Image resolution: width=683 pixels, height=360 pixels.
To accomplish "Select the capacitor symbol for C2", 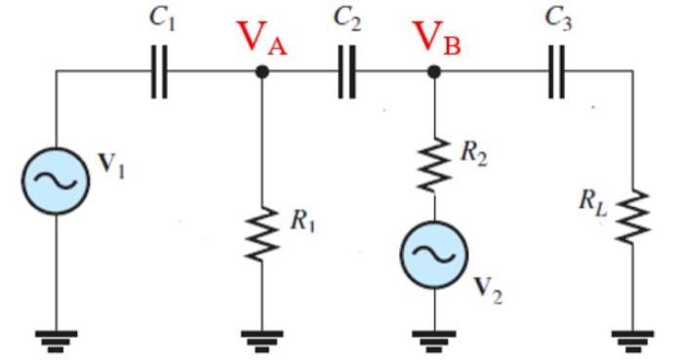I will [346, 71].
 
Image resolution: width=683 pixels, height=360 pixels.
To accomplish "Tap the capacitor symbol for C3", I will [557, 71].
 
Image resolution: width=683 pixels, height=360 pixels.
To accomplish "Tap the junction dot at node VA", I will [261, 71].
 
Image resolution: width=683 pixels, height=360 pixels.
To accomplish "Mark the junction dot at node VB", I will [434, 71].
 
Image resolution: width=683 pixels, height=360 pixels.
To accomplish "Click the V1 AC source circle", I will [56, 180].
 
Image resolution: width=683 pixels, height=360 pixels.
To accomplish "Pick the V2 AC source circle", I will [434, 256].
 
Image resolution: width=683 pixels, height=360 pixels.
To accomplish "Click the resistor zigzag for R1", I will [261, 232].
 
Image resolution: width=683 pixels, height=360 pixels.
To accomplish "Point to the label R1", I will [302, 221].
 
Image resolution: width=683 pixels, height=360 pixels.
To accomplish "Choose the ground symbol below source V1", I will [56, 338].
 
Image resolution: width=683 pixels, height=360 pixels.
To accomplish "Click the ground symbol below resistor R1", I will [261, 338].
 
